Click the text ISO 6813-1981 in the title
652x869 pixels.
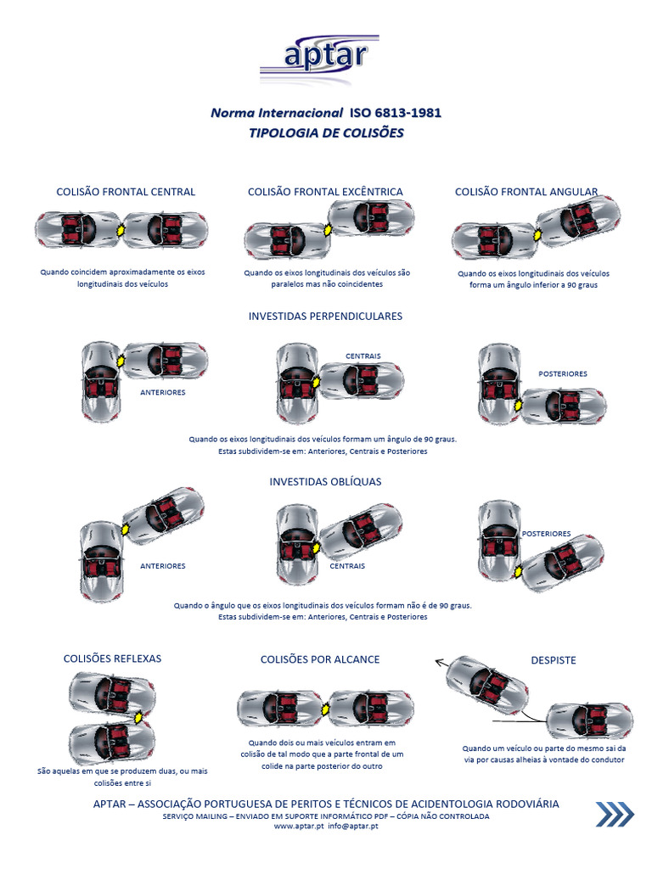(396, 113)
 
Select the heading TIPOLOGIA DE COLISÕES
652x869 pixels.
(326, 133)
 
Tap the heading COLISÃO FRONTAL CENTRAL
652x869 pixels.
(126, 192)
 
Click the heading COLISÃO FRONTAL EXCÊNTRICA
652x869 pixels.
(325, 192)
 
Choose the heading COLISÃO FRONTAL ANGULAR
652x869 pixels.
(526, 192)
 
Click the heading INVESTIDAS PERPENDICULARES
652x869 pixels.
(325, 317)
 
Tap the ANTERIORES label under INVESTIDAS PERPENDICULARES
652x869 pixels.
(162, 392)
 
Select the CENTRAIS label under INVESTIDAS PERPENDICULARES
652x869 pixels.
(363, 356)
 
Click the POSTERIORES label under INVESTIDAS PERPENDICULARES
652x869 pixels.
(563, 374)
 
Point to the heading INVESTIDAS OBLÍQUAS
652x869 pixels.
(325, 482)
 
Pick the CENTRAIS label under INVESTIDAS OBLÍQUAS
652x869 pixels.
(347, 566)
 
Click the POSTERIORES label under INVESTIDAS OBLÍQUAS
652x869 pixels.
(546, 534)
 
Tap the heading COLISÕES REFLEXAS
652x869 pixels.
(113, 659)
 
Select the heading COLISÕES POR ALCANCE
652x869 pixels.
(320, 659)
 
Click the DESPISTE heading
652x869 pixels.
(554, 660)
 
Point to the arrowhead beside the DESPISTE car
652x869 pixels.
(439, 661)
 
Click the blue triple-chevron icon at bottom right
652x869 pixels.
(615, 814)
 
